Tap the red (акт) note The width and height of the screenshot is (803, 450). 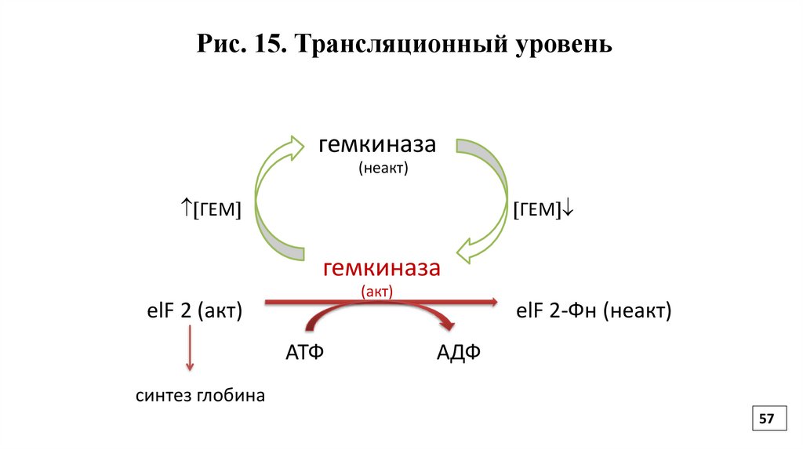pos(376,291)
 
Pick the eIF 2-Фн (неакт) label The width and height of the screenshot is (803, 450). pos(594,311)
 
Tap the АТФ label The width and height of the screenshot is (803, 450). pos(304,352)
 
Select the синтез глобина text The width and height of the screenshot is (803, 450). pos(199,396)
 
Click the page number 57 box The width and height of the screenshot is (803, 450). pos(765,420)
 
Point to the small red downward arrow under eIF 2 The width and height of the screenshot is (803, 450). pos(189,350)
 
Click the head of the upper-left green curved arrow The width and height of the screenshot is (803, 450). pos(296,147)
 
